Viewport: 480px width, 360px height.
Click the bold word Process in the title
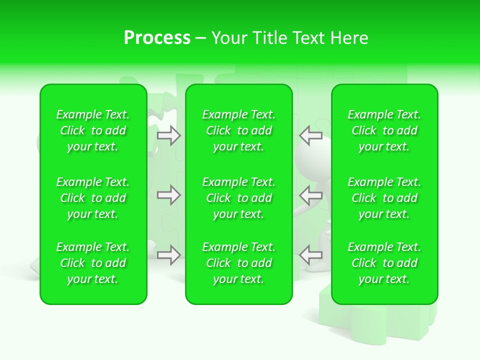pos(157,38)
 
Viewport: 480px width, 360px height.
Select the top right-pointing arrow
pos(169,135)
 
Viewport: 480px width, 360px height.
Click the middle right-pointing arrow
pos(169,195)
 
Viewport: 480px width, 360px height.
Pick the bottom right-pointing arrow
pos(169,255)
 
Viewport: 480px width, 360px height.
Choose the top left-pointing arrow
pos(310,135)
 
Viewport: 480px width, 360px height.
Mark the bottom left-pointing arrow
pos(310,255)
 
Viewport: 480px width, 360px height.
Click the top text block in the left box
pos(93,130)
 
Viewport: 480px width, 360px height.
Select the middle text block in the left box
pos(93,198)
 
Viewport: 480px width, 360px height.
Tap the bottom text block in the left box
pos(93,263)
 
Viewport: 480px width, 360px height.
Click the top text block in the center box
pos(239,130)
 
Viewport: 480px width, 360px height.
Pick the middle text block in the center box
pos(239,198)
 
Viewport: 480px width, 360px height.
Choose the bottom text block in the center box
pos(239,263)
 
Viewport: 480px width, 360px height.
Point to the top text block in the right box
pos(384,130)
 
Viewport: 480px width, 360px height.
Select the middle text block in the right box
pos(384,198)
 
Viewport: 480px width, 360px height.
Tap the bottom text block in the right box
pos(384,263)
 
